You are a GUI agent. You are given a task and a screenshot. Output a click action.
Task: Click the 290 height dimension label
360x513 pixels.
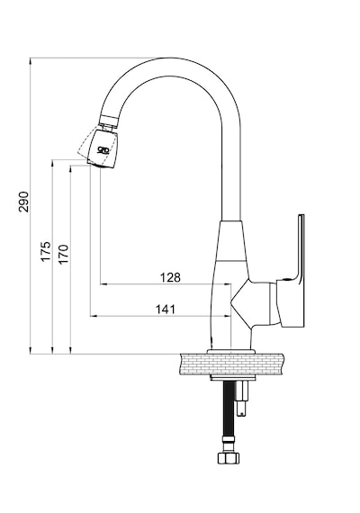click(x=24, y=202)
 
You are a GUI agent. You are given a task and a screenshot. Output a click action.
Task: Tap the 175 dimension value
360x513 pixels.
click(x=46, y=251)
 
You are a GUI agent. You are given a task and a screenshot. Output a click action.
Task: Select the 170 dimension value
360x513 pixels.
click(x=64, y=254)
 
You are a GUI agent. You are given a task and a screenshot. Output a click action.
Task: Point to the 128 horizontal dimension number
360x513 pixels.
click(x=170, y=277)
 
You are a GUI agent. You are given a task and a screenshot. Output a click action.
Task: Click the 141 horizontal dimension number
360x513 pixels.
click(x=166, y=310)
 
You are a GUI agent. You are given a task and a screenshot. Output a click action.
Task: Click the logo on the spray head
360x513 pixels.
click(x=103, y=150)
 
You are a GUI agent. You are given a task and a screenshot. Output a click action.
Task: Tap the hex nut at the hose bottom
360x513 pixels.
click(x=228, y=458)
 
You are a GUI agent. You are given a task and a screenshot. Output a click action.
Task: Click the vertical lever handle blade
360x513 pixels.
click(x=301, y=248)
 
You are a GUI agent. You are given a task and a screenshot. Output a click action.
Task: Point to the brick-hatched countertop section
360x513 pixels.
click(x=231, y=364)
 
